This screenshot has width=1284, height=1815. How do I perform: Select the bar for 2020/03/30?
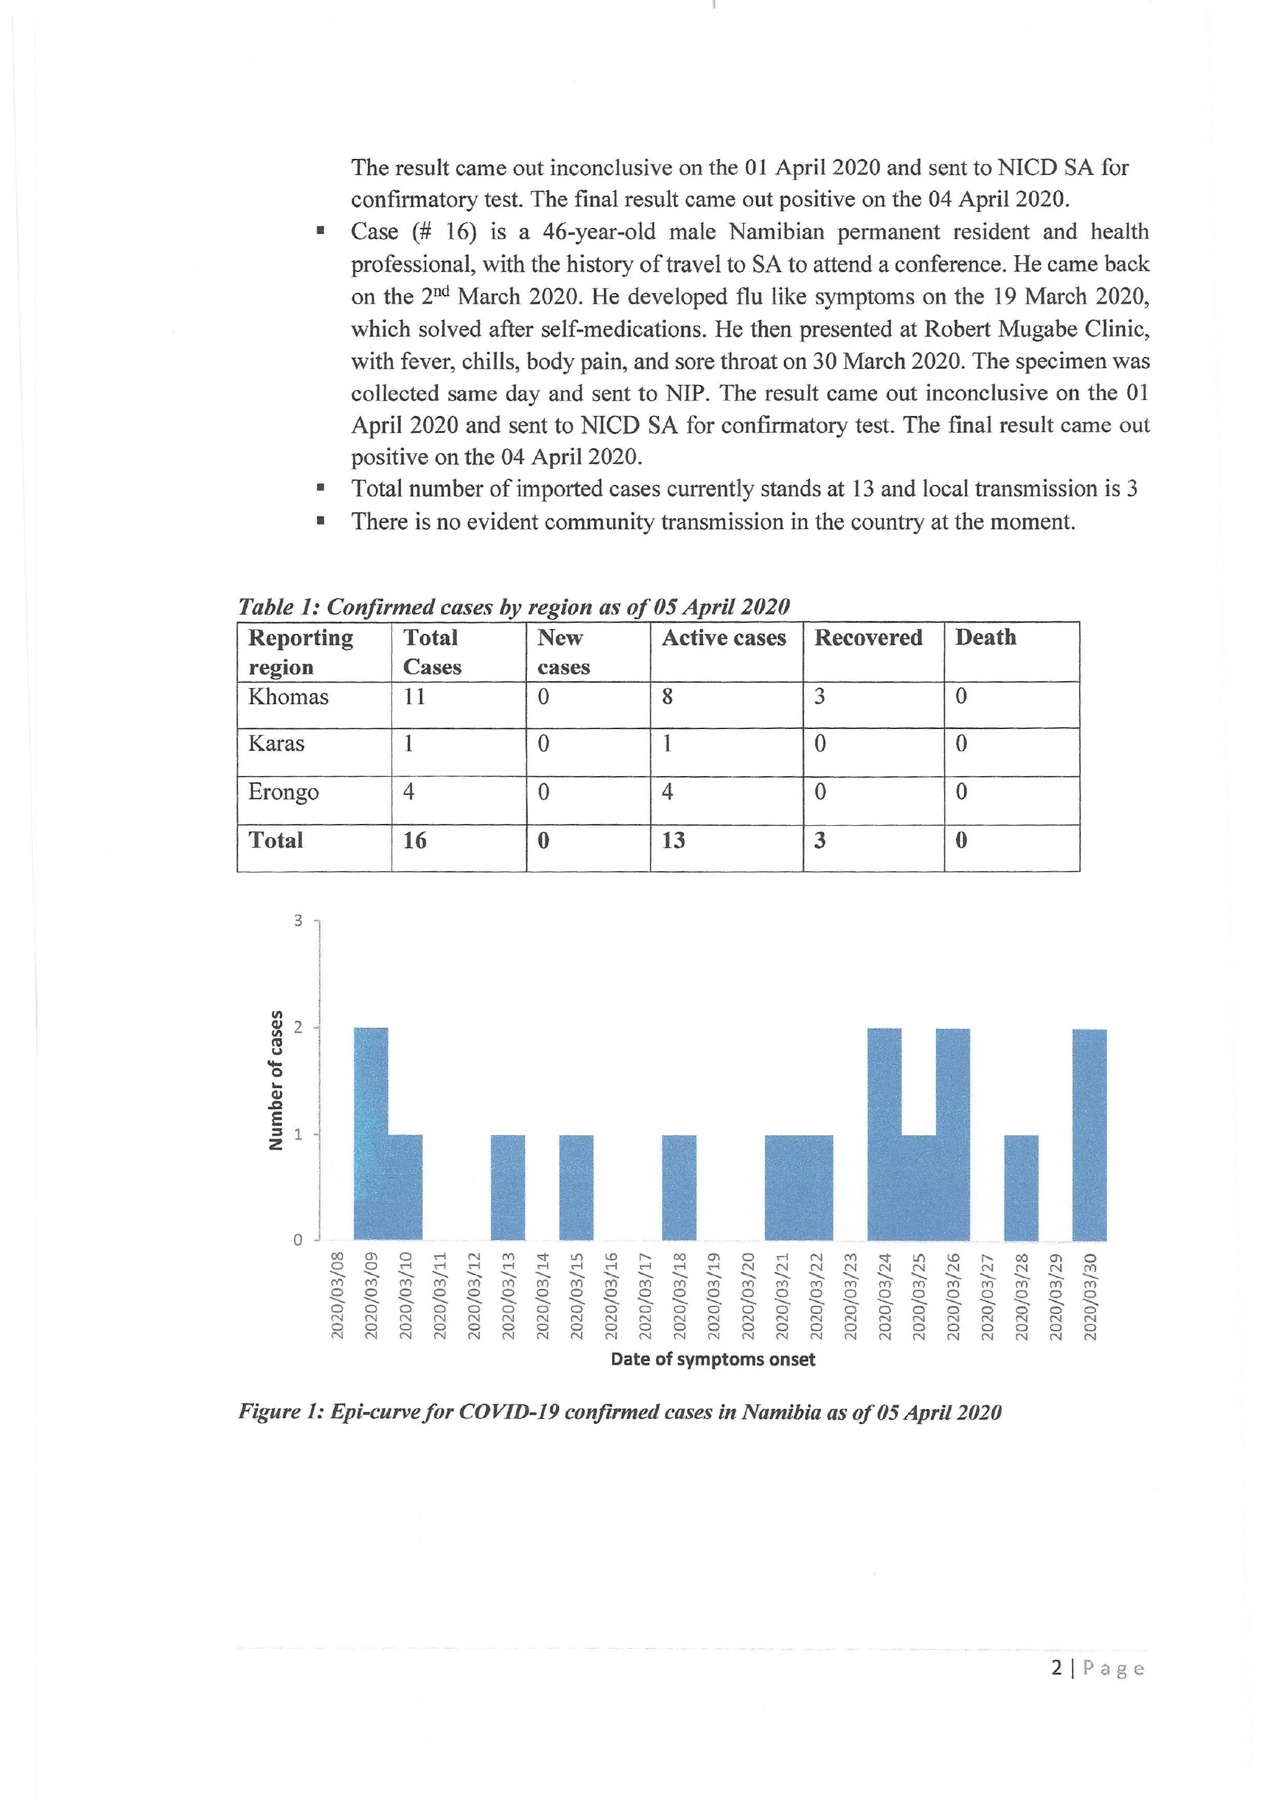1090,1134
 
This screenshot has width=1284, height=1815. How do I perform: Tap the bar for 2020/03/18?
679,1187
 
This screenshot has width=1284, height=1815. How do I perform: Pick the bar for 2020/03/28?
1021,1187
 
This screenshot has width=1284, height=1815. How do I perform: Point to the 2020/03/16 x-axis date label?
611,1296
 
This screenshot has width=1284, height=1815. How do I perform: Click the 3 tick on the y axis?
298,921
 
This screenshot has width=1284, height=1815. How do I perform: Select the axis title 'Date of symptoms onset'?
713,1359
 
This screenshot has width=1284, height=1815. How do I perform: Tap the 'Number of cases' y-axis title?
276,1080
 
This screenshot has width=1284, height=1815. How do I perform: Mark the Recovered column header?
868,638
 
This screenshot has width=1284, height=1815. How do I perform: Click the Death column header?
985,637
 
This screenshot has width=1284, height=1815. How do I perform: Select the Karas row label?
276,744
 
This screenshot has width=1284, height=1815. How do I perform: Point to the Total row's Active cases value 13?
673,840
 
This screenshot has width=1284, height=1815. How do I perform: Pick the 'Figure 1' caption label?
281,1413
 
